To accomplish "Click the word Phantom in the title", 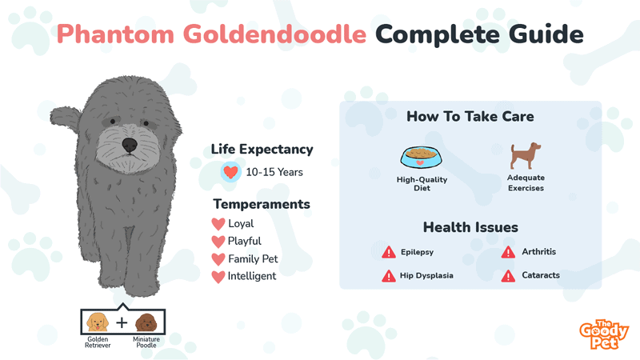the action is point(115,34).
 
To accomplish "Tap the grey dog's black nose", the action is point(130,145).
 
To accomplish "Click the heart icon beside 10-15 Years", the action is point(230,172).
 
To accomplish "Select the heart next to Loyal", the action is point(218,224).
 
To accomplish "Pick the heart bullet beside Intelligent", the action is point(218,277).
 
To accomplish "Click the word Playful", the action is point(245,242).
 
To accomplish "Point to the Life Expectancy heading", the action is point(262,150).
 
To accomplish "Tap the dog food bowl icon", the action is point(422,157).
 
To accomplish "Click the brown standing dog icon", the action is point(526,155).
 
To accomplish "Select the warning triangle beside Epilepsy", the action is point(389,252).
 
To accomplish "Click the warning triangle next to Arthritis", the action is point(508,252).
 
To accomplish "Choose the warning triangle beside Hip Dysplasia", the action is point(389,276).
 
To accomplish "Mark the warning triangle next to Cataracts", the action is point(508,276).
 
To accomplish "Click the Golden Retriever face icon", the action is point(98,322).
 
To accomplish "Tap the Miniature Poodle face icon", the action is point(146,322).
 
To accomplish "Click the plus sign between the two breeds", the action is point(122,323).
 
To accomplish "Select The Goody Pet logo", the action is point(604,334).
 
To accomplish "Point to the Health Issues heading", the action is point(470,227).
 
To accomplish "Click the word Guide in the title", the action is point(546,34).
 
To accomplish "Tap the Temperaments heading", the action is point(262,204).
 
